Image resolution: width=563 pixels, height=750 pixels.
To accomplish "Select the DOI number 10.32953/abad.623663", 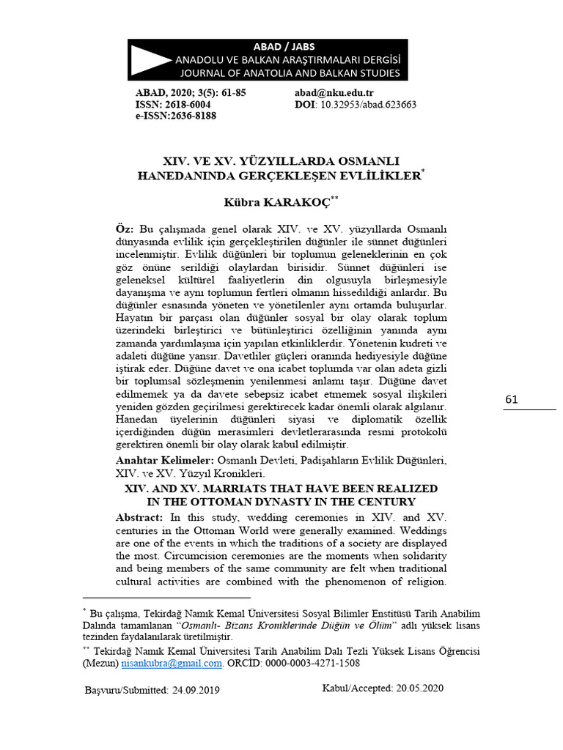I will (x=367, y=105).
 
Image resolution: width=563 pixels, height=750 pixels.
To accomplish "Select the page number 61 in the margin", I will (x=512, y=399).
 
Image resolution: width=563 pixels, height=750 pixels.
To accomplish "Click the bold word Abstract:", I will (x=142, y=517).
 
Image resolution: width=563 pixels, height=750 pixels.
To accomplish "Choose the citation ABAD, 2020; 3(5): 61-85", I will (x=191, y=93).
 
